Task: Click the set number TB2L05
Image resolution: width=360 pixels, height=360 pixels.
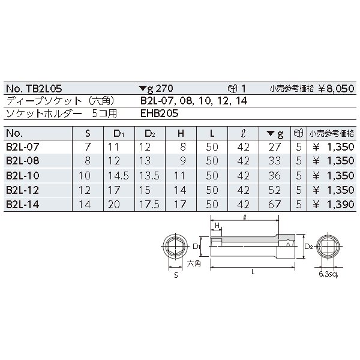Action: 44,88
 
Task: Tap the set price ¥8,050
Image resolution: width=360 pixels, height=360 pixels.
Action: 336,89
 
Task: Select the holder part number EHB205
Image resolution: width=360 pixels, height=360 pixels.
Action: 160,113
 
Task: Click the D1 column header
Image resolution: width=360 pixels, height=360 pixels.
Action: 119,133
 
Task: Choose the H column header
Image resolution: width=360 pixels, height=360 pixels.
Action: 181,133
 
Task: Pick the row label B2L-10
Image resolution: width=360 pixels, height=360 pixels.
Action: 23,176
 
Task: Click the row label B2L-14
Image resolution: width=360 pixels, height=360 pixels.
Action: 23,205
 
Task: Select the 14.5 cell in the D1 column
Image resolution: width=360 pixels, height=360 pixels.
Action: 118,176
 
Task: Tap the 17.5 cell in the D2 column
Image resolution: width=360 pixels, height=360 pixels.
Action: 149,205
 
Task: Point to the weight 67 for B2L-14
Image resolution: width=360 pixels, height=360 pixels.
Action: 274,205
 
